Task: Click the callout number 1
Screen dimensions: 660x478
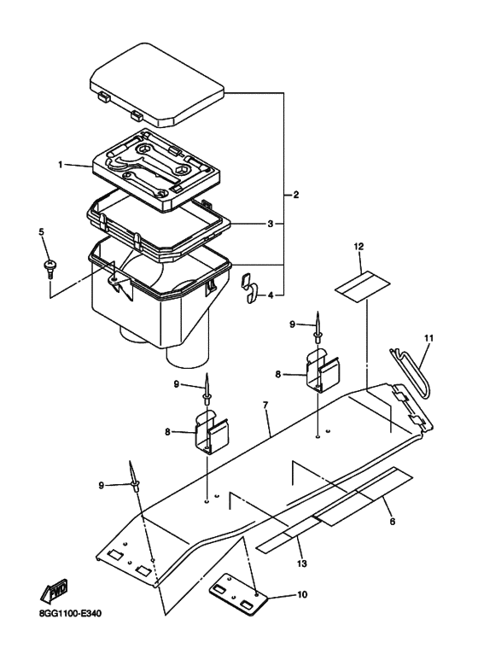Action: coord(61,164)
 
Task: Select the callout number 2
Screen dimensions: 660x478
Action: coord(295,196)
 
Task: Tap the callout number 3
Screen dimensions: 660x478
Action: coord(270,224)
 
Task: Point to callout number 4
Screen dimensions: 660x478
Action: coord(271,295)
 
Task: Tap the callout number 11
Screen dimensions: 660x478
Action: coord(429,338)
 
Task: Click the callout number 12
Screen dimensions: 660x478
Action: coord(359,246)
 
